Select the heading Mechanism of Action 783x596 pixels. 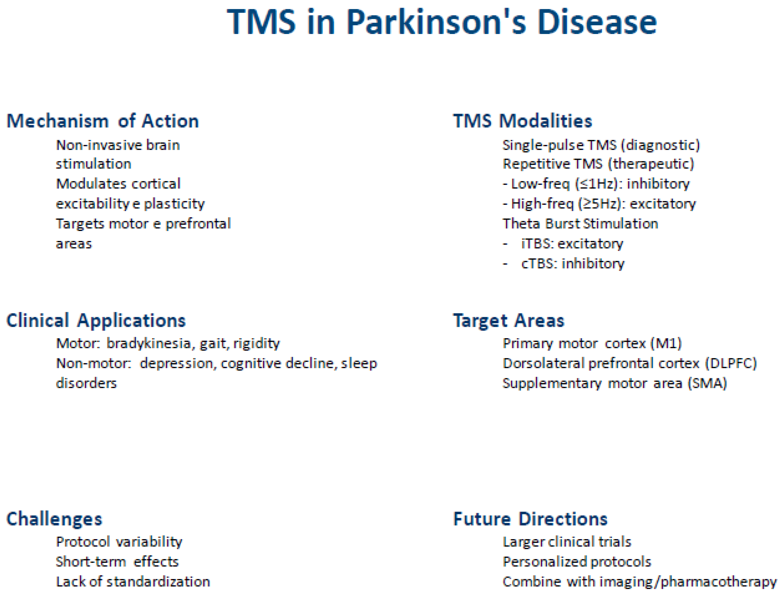pyautogui.click(x=103, y=121)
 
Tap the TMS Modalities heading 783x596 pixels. pyautogui.click(x=523, y=121)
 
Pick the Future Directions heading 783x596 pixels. pyautogui.click(x=530, y=519)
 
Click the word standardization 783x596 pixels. pyautogui.click(x=158, y=582)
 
